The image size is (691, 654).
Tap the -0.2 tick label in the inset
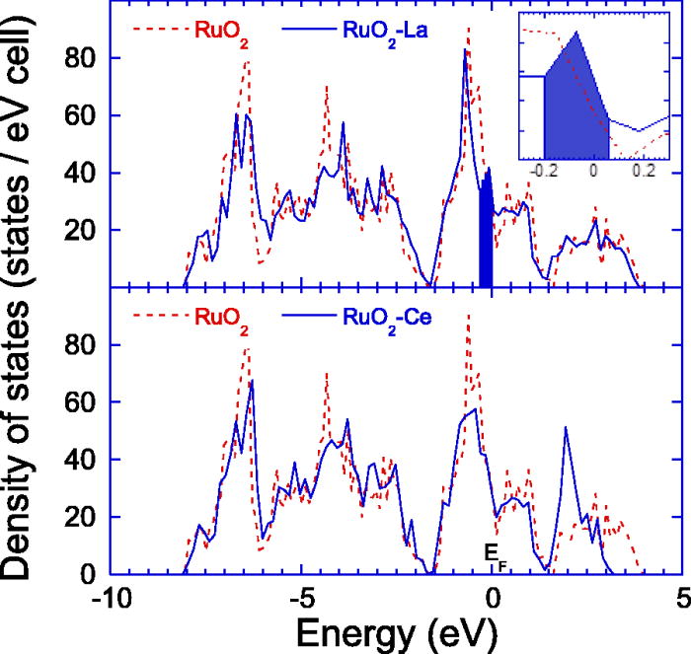[543, 170]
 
